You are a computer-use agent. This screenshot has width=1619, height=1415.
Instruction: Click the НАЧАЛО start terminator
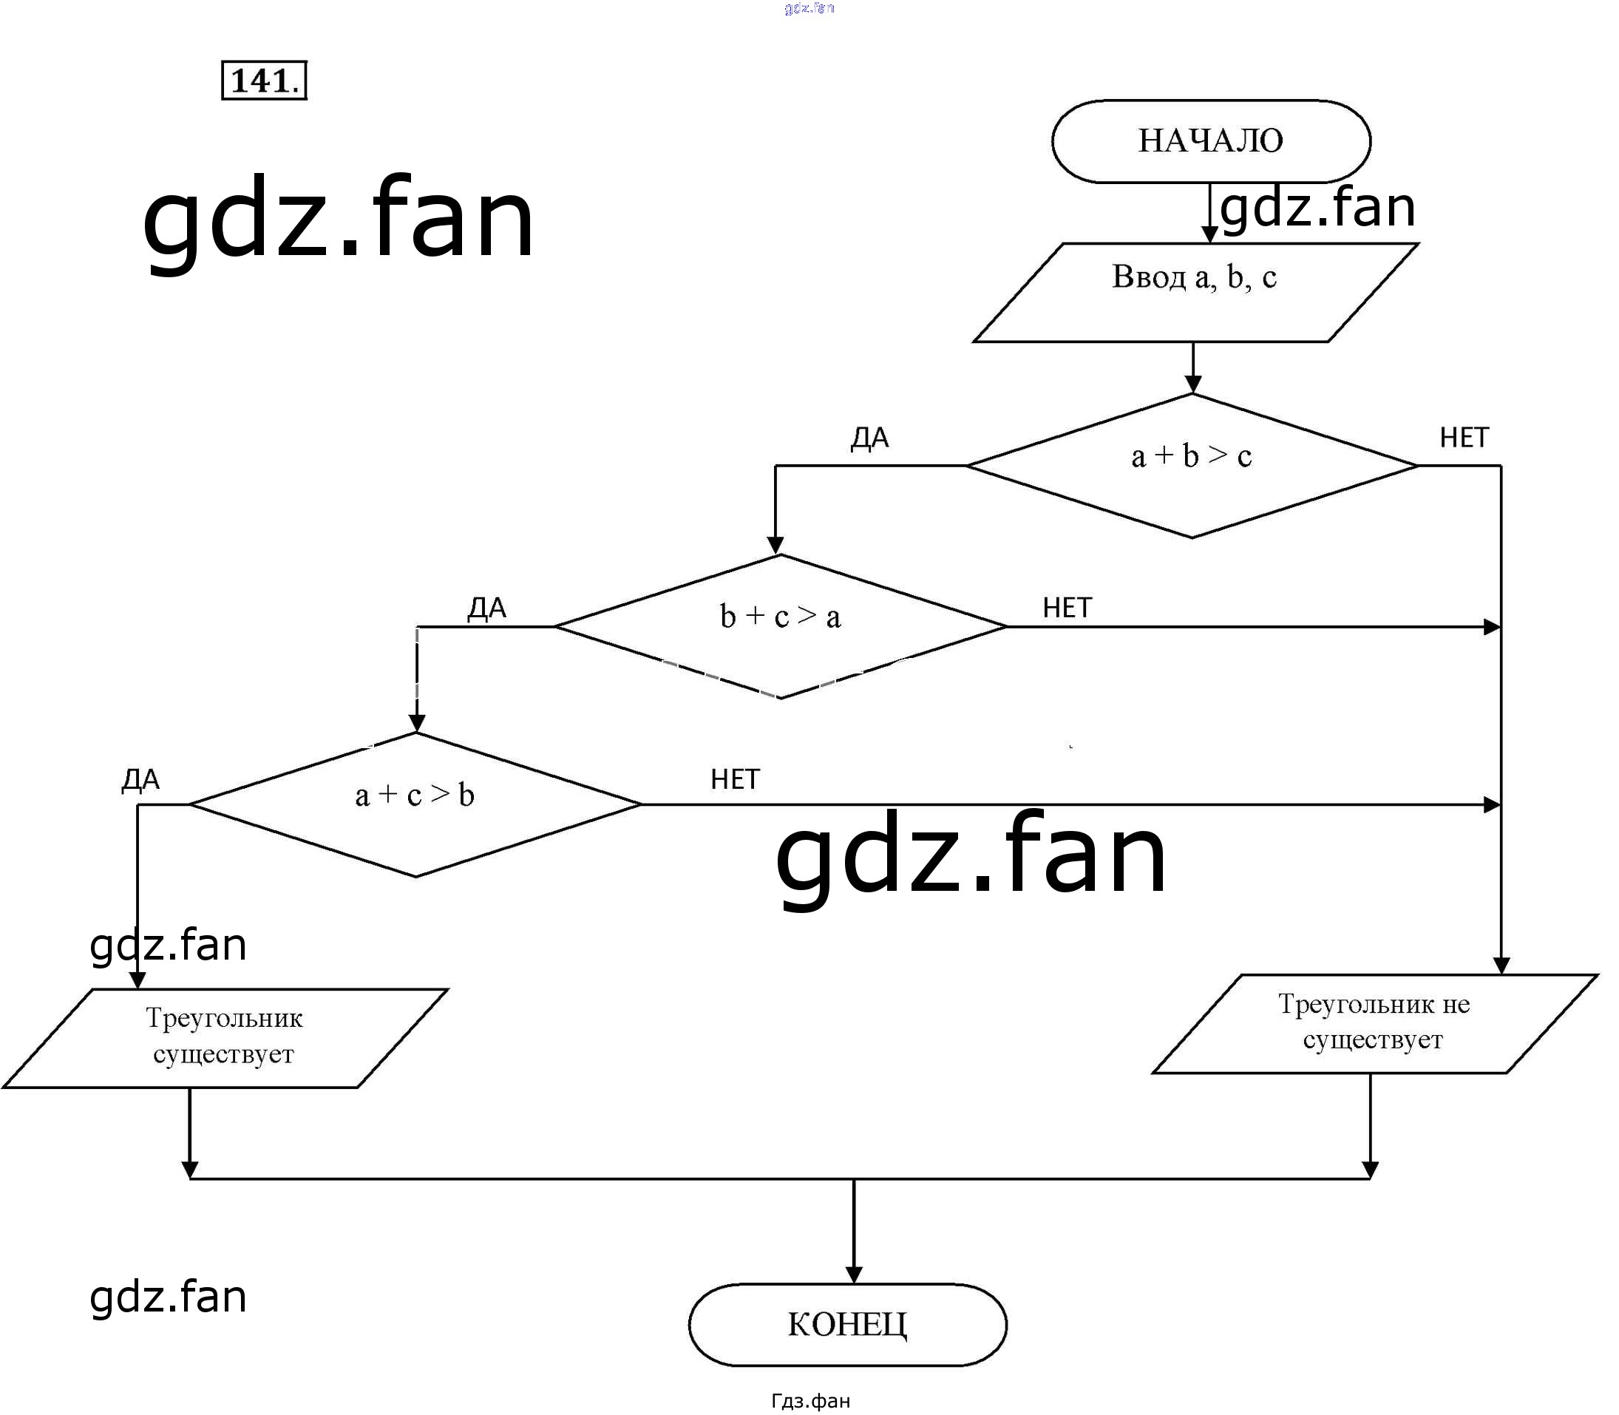[1211, 141]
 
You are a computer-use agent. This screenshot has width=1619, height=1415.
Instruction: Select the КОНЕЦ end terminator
[847, 1324]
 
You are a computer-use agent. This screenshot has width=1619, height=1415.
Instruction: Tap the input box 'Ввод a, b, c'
[1194, 292]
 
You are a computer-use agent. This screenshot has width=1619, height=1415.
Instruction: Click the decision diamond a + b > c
[1192, 465]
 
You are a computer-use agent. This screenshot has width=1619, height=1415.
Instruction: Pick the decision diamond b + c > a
[780, 626]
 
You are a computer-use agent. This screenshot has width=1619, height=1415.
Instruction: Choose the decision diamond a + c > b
[415, 804]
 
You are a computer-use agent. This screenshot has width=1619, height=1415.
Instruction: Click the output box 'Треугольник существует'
[224, 1037]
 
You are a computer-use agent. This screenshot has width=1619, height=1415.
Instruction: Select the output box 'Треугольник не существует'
[1374, 1023]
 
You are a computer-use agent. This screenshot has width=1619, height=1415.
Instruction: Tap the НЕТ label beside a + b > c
[1464, 438]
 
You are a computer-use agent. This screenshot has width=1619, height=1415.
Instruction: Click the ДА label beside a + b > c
[869, 438]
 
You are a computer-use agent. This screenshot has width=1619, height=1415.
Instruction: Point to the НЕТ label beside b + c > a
[1067, 608]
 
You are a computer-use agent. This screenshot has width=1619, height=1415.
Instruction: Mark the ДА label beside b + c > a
[486, 608]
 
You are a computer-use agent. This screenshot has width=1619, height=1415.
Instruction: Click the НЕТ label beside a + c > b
[735, 779]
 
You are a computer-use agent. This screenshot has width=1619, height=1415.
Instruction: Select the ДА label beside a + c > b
[140, 779]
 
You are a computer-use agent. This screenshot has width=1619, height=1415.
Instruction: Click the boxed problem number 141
[264, 81]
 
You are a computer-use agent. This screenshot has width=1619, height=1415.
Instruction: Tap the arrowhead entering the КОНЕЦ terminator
[854, 1274]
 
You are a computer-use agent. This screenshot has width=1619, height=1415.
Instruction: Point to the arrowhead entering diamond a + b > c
[1192, 384]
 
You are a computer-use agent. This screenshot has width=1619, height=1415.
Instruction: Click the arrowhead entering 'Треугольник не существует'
[1501, 966]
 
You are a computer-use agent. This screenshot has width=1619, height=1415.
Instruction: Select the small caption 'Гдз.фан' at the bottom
[810, 1401]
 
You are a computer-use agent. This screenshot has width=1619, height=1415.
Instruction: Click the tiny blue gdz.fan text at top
[810, 8]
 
